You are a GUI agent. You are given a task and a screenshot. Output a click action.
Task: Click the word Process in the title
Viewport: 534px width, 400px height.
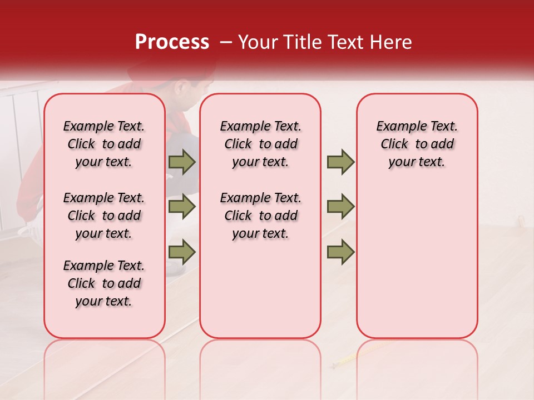(171, 42)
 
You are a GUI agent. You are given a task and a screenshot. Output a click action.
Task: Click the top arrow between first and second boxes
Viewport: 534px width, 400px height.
(182, 162)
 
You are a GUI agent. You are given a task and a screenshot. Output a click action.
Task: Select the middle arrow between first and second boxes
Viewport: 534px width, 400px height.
(182, 207)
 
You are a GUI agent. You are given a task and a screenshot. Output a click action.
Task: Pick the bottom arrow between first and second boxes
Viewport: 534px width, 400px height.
(182, 252)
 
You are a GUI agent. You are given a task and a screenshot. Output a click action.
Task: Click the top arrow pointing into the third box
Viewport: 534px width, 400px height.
(340, 162)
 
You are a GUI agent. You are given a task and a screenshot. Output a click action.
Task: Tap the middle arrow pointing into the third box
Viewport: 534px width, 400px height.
(340, 207)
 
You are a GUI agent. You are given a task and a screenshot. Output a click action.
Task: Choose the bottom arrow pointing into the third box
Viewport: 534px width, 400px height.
(340, 252)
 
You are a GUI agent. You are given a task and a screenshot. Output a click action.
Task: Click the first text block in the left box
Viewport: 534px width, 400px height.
(104, 144)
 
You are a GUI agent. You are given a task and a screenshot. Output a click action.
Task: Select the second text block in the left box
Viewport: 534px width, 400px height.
(104, 216)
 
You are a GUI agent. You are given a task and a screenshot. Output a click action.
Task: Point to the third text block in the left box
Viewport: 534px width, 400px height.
(104, 283)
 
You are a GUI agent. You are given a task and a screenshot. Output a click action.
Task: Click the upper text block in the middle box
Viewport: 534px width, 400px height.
(261, 144)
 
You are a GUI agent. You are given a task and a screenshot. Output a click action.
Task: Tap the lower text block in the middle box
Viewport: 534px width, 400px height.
(261, 216)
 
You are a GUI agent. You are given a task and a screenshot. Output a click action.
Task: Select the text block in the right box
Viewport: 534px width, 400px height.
(417, 144)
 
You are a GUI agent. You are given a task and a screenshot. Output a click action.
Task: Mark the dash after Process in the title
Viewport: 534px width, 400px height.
(225, 42)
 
